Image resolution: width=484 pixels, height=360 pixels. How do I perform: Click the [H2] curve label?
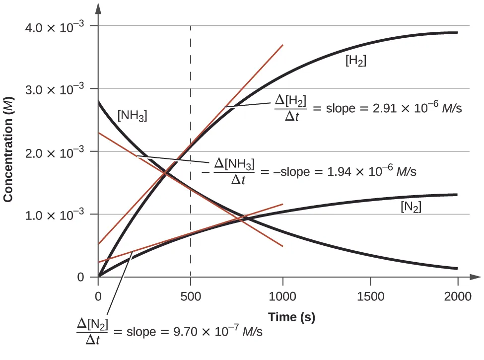coord(356,61)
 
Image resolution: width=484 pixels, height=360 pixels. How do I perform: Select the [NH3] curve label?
coord(133,116)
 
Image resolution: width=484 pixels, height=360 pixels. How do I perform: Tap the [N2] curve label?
coord(411,208)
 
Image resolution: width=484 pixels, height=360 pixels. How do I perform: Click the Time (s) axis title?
coord(292,317)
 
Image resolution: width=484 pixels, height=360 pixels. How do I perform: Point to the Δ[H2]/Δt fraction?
coord(290,108)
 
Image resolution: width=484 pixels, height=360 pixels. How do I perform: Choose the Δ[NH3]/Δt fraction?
coord(234,171)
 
